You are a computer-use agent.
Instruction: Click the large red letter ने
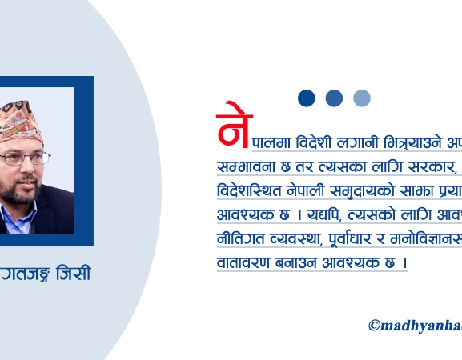[x=233, y=126]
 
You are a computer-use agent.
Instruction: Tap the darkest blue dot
[x=307, y=98]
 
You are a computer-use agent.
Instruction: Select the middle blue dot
[x=334, y=98]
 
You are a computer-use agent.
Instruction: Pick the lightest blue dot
[x=362, y=98]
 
